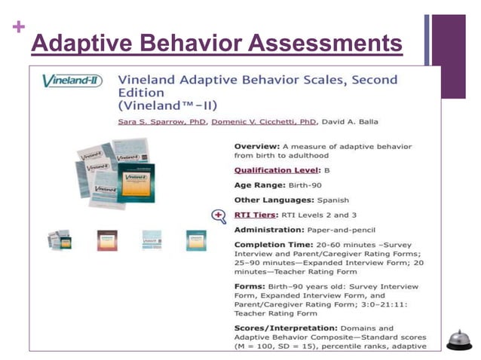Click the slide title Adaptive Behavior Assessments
coord(217,44)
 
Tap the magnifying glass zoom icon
coord(219,216)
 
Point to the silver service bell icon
coord(458,339)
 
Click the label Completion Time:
coord(274,245)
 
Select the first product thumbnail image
coord(60,239)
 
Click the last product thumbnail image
coord(196,239)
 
